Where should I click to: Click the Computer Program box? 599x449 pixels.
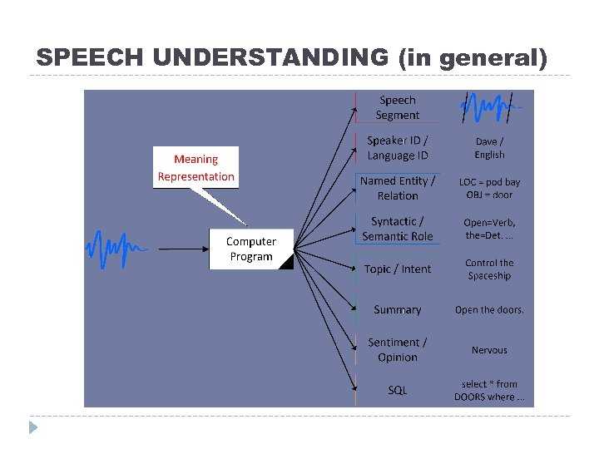click(x=250, y=249)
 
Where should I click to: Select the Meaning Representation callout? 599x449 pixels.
click(x=196, y=168)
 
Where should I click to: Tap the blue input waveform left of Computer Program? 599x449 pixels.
click(x=116, y=248)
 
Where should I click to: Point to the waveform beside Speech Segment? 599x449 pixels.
click(x=489, y=107)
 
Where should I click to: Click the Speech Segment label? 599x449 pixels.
click(x=397, y=108)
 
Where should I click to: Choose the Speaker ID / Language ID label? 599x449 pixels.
click(x=398, y=148)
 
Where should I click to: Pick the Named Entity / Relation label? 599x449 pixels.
click(x=398, y=188)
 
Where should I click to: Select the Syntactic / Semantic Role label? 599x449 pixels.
click(x=398, y=229)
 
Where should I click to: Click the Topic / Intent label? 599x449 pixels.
click(x=398, y=269)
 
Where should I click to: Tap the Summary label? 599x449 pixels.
click(x=398, y=309)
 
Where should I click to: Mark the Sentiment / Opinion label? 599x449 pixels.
click(x=398, y=349)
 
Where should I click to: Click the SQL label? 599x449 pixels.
click(x=398, y=390)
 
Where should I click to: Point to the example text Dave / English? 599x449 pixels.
click(x=489, y=148)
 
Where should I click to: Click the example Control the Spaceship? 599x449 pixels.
click(x=489, y=269)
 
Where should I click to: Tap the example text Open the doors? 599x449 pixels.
click(x=489, y=310)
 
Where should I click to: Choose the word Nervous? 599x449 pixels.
click(x=489, y=350)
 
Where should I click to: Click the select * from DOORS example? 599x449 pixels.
click(x=489, y=390)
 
